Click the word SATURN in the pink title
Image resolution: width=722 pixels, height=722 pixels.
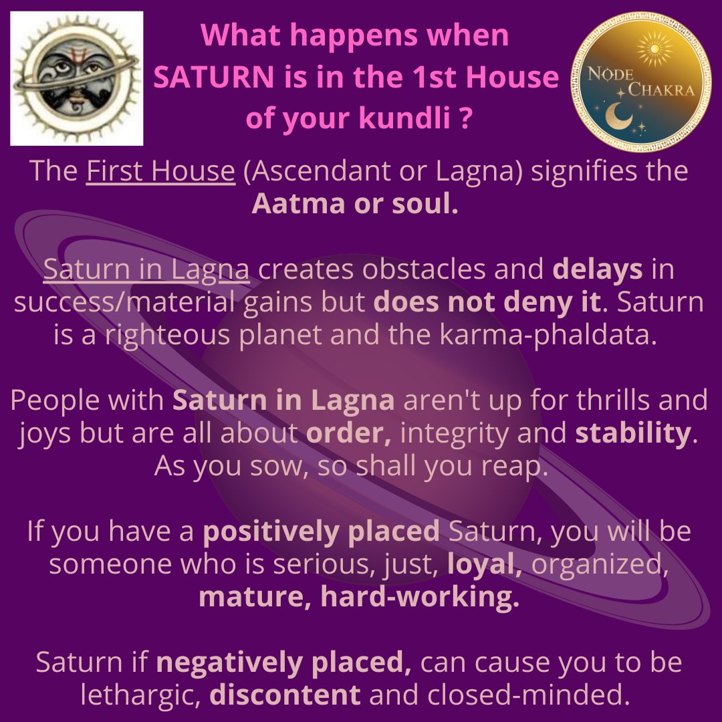click(x=214, y=77)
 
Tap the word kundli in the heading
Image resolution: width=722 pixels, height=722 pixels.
click(x=404, y=118)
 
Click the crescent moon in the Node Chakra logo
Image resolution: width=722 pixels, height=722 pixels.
click(x=618, y=116)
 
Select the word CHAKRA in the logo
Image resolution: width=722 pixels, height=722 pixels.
click(x=661, y=90)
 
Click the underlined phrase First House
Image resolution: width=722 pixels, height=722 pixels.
click(x=160, y=171)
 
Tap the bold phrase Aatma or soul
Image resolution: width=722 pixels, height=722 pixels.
click(x=355, y=203)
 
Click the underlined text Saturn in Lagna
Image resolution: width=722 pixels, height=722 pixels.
click(x=146, y=270)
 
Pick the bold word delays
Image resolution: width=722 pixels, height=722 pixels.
click(x=597, y=270)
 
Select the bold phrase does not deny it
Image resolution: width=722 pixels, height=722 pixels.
click(x=487, y=303)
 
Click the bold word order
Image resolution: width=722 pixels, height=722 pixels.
click(x=348, y=433)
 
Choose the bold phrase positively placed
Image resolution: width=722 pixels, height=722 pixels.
click(x=322, y=531)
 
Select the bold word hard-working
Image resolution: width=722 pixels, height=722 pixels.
click(x=419, y=597)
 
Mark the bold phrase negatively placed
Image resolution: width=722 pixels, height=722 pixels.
click(x=283, y=663)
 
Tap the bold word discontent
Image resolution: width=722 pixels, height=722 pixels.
click(x=285, y=695)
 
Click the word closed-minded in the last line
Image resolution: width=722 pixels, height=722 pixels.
click(x=528, y=695)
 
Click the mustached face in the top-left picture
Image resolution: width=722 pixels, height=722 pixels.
click(x=76, y=79)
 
